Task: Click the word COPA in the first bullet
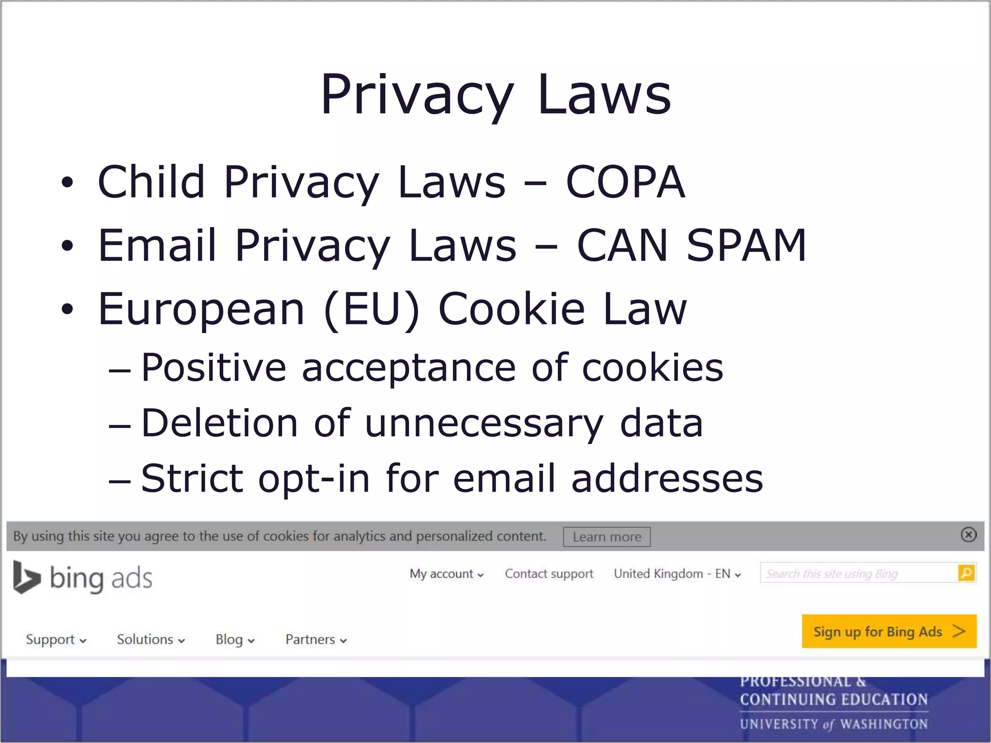pyautogui.click(x=625, y=182)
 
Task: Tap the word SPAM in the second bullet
pyautogui.click(x=746, y=246)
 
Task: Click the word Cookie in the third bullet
pyautogui.click(x=511, y=309)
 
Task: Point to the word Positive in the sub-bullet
pyautogui.click(x=213, y=368)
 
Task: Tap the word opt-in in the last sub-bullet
pyautogui.click(x=314, y=478)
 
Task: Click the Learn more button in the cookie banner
pyautogui.click(x=606, y=537)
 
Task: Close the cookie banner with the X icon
pyautogui.click(x=968, y=535)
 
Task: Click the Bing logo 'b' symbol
pyautogui.click(x=26, y=577)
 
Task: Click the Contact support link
pyautogui.click(x=549, y=574)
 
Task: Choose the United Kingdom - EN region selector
pyautogui.click(x=677, y=574)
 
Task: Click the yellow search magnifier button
pyautogui.click(x=966, y=573)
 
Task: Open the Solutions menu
pyautogui.click(x=150, y=639)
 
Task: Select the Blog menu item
pyautogui.click(x=235, y=639)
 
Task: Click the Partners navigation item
pyautogui.click(x=316, y=639)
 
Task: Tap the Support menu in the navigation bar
pyautogui.click(x=56, y=639)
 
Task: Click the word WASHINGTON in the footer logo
pyautogui.click(x=884, y=724)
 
